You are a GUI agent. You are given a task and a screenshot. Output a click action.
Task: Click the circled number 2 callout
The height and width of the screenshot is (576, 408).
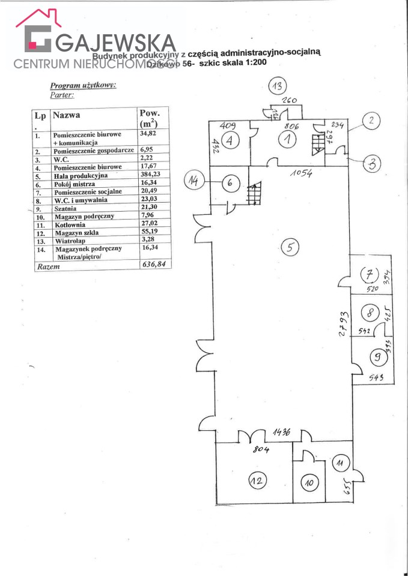click(x=371, y=121)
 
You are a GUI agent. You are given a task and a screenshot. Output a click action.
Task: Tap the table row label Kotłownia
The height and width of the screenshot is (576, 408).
click(x=70, y=225)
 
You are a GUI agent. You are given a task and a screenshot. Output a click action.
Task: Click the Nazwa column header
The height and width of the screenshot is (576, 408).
click(x=66, y=114)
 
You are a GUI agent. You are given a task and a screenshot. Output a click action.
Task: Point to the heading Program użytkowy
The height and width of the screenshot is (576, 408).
click(x=83, y=85)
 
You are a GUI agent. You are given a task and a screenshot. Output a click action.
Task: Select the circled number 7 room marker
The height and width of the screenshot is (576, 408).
click(x=368, y=275)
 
